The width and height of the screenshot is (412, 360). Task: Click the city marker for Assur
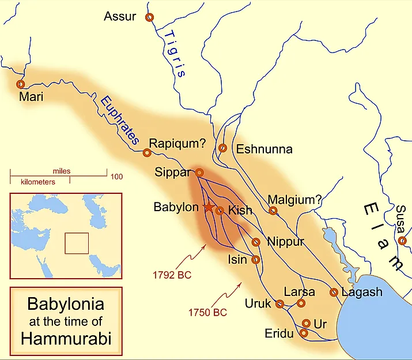[150, 18]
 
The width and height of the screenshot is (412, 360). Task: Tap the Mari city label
[31, 97]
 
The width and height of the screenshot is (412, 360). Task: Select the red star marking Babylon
[209, 207]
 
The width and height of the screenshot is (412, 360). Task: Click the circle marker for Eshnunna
[223, 148]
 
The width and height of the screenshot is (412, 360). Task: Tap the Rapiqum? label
[177, 143]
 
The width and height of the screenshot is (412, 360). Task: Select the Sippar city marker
[199, 172]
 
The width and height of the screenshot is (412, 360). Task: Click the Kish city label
[240, 210]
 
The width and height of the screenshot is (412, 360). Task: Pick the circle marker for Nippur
[256, 242]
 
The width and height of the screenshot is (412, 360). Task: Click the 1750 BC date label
[208, 313]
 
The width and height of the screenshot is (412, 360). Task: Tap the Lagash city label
[362, 292]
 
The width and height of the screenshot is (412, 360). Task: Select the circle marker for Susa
[402, 241]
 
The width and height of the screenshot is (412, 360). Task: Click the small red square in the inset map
[77, 243]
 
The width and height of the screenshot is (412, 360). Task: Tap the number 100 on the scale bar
[117, 177]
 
